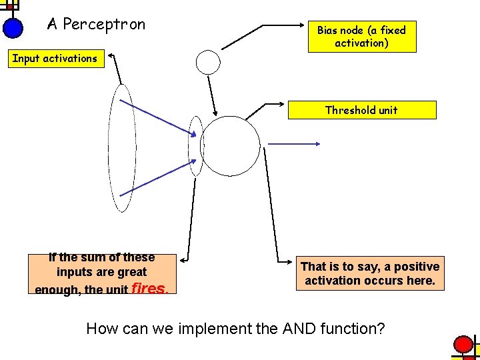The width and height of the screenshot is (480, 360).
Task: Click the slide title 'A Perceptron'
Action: [96, 25]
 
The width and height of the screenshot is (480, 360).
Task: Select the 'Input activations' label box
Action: [55, 59]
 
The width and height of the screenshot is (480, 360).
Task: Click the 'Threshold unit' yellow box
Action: [361, 110]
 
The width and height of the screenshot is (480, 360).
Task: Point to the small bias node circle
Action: [208, 62]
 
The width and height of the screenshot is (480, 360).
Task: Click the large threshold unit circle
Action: [230, 147]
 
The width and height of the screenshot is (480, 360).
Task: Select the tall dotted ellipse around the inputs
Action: [122, 147]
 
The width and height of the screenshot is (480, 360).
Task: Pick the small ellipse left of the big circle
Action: [195, 146]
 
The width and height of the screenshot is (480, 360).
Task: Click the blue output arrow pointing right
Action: [295, 143]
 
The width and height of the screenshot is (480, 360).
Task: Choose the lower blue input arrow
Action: [157, 183]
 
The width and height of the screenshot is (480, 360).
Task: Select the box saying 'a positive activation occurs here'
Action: [370, 273]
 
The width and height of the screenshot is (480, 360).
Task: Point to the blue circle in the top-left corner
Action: [13, 27]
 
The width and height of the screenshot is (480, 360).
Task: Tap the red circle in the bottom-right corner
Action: [463, 345]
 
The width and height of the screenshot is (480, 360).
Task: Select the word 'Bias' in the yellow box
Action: [327, 30]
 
